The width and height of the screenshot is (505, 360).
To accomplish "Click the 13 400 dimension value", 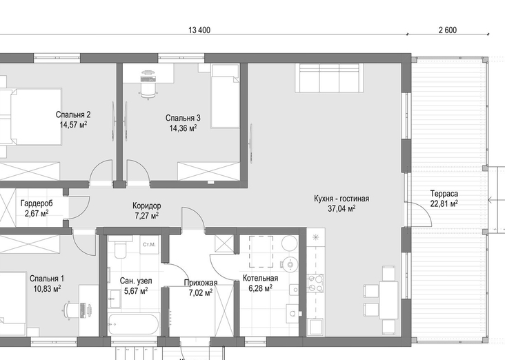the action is pos(199,30).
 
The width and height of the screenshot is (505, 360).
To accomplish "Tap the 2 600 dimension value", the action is pos(448,30).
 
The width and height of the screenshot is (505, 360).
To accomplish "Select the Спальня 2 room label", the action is pos(73,114).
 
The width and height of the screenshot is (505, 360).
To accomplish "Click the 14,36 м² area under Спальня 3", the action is pos(183,128).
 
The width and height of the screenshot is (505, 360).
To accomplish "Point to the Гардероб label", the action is pos(37,203).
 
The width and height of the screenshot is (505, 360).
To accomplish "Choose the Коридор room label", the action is pos(146,206).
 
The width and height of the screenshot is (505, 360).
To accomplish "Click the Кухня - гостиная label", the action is pos(341,199).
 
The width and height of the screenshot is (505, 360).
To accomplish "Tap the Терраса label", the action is pos(444,194).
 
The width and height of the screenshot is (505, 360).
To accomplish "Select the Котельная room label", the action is pos(260,278).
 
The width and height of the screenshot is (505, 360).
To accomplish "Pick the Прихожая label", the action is pos(201,283).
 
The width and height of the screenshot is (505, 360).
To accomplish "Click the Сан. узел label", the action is pos(136,281).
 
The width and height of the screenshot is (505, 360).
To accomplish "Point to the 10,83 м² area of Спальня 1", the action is pos(47,289).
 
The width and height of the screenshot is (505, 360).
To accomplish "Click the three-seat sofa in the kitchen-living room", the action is pos(329,78).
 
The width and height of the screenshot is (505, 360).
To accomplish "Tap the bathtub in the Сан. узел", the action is pos(134,324).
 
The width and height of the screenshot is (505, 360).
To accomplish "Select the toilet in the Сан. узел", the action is pos(121,247).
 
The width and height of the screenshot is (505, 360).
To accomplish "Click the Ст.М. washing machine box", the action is pos(149,245).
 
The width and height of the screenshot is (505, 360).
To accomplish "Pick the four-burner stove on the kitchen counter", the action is pos(315,283).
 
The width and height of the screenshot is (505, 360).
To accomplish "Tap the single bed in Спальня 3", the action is pos(225,96).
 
